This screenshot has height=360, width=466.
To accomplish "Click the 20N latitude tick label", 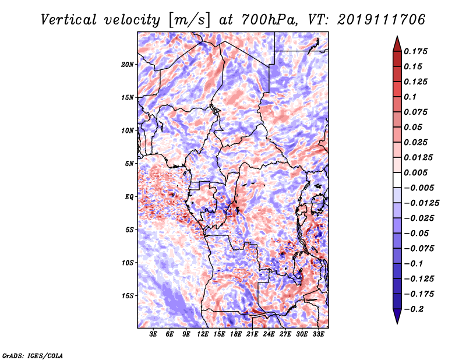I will [x=128, y=64].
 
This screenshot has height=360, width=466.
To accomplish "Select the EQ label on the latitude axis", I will [x=129, y=197].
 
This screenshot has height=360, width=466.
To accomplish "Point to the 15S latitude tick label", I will [x=128, y=296].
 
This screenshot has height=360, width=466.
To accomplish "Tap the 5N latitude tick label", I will [x=129, y=164].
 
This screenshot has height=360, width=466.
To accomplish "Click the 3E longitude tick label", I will [x=154, y=335].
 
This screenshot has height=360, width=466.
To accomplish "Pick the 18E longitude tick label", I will [x=236, y=335].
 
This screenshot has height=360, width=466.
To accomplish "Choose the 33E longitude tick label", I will [x=318, y=335].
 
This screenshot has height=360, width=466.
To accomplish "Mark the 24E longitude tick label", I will [x=269, y=335].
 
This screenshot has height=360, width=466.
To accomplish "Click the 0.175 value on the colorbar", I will [x=417, y=51].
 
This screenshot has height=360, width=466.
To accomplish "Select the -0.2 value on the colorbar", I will [x=416, y=309].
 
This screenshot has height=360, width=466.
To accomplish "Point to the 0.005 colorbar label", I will [x=417, y=172].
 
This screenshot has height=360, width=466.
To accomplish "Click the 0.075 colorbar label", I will [x=417, y=112].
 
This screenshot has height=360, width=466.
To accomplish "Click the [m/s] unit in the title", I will [x=188, y=20].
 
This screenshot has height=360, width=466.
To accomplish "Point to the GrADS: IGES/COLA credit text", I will [x=32, y=355].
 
